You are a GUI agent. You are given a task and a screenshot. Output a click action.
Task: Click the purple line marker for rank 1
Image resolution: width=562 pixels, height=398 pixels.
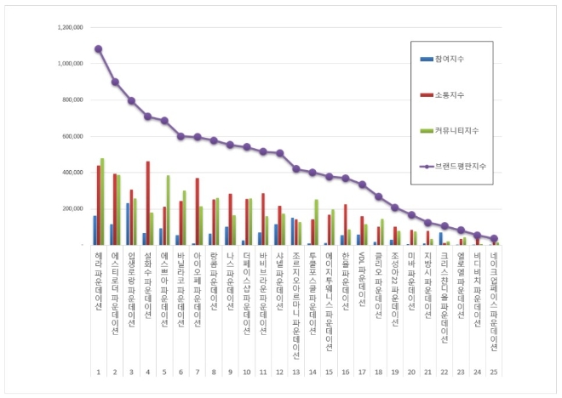pyautogui.click(x=98, y=48)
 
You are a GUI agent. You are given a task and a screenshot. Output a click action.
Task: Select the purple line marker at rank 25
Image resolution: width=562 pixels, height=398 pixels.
pyautogui.click(x=494, y=239)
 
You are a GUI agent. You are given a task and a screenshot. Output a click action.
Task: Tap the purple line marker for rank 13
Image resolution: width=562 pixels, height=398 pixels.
pyautogui.click(x=295, y=168)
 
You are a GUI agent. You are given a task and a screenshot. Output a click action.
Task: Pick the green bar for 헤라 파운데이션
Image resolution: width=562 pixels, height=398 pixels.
pyautogui.click(x=102, y=202)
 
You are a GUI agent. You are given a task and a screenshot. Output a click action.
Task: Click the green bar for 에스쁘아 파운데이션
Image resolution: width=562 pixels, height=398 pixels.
pyautogui.click(x=169, y=210)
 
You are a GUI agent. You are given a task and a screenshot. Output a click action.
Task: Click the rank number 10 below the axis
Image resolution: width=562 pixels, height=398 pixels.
pyautogui.click(x=246, y=372)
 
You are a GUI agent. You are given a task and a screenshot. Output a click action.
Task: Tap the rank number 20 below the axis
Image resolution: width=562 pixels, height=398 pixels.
pyautogui.click(x=411, y=372)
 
